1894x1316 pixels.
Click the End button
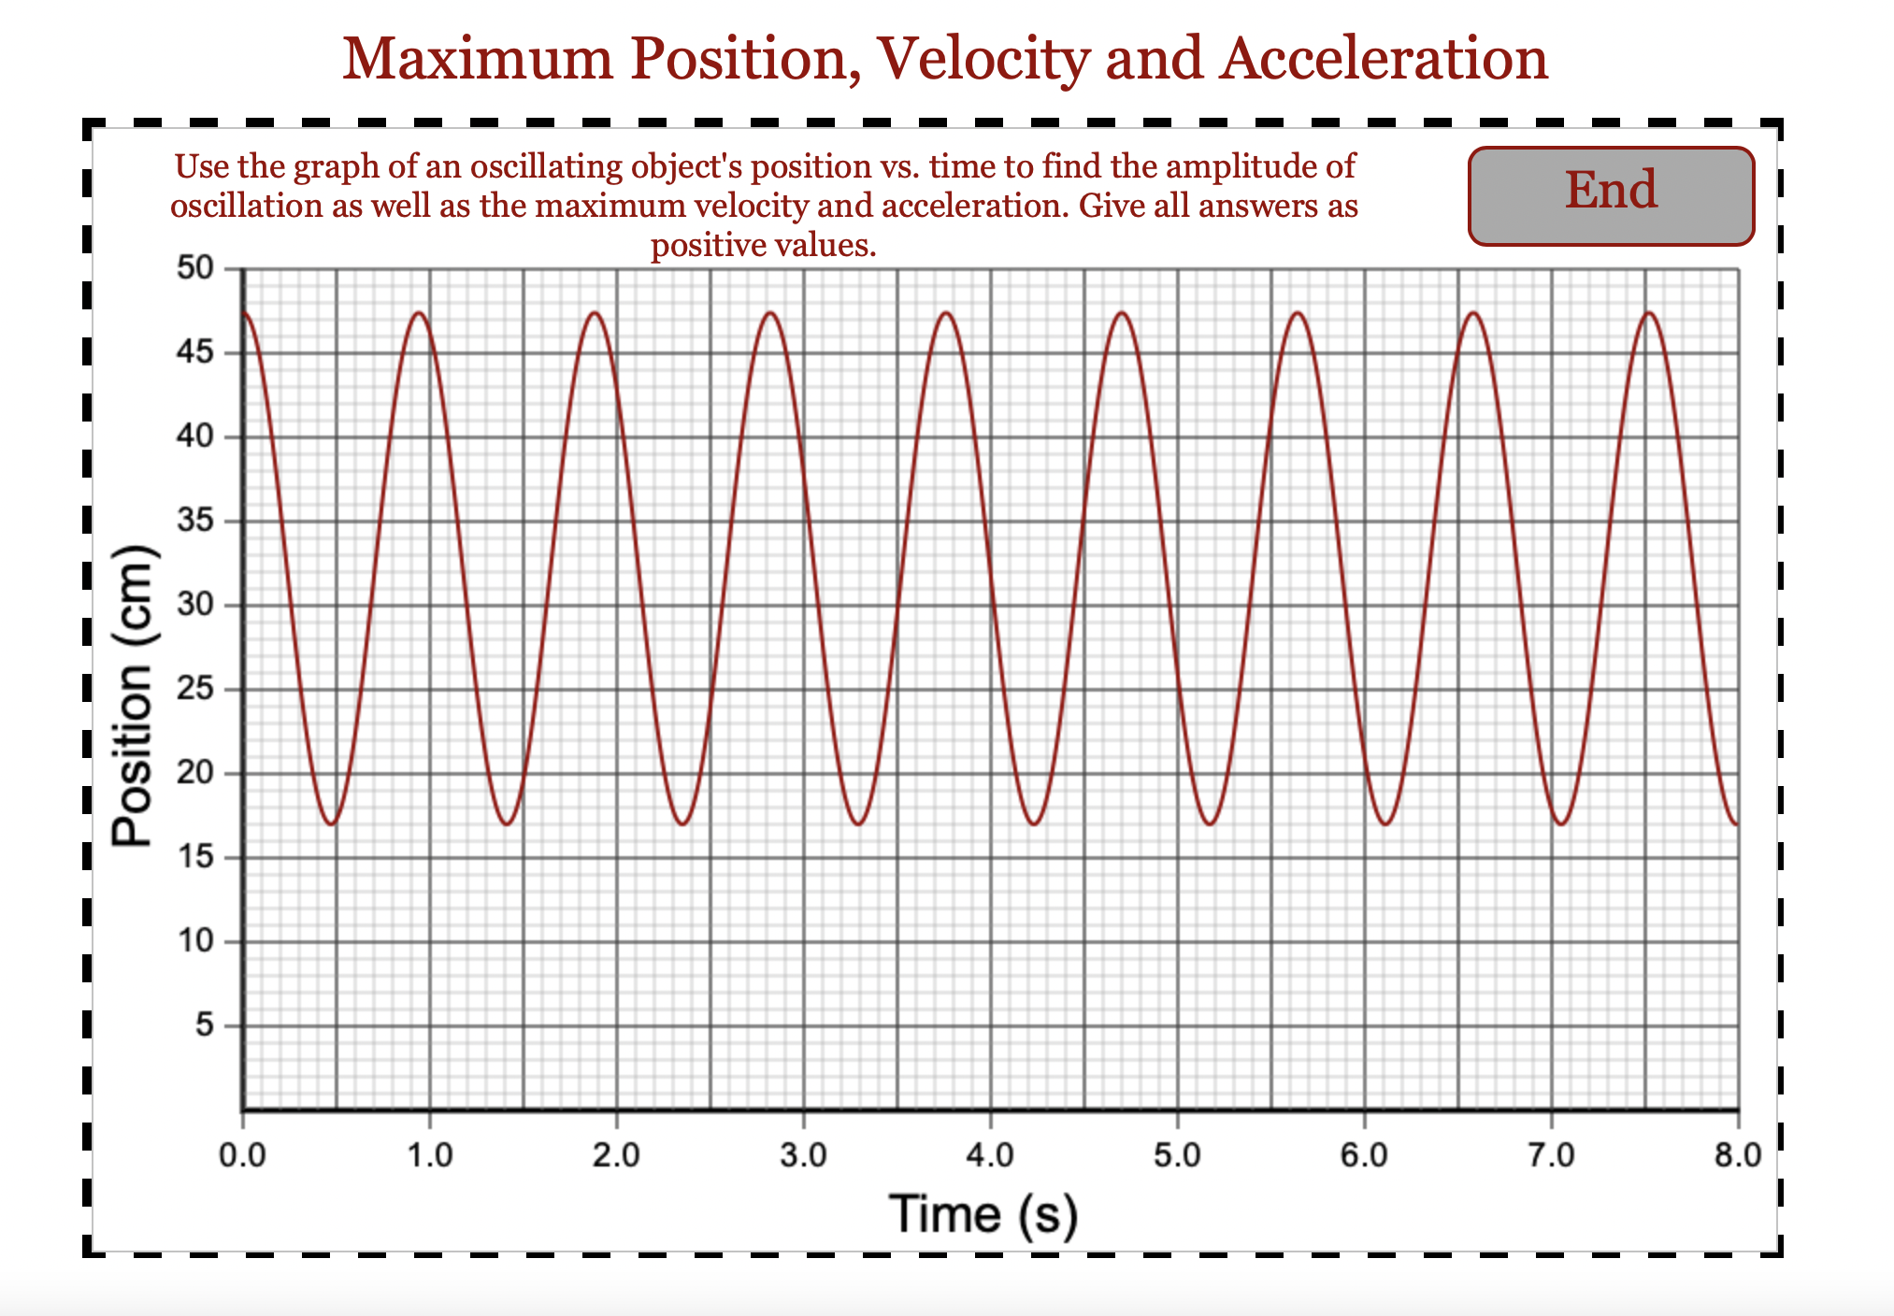coord(1611,195)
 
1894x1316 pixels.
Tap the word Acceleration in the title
coord(1384,58)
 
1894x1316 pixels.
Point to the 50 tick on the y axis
coord(195,269)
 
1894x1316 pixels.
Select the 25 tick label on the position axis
coord(195,690)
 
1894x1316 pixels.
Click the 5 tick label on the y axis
coord(205,1026)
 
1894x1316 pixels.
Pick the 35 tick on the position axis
coord(195,522)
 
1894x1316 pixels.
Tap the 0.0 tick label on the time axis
coord(242,1156)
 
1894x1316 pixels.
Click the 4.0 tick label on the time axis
coord(990,1156)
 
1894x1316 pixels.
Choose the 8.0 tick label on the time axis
coord(1738,1156)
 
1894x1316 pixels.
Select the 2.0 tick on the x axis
coord(616,1156)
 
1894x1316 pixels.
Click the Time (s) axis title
coord(983,1214)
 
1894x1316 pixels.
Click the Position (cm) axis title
coord(132,695)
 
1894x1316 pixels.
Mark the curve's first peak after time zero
coord(419,312)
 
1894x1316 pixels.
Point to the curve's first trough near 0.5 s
coord(331,824)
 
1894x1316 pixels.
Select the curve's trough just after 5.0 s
coord(1210,824)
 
